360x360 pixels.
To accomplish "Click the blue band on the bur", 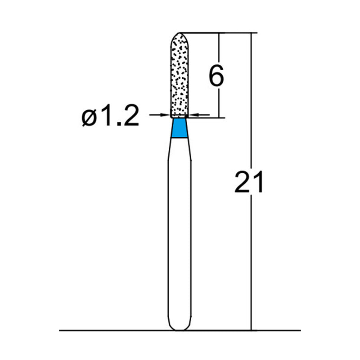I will click(180, 128).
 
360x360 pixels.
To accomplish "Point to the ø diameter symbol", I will click(88, 118).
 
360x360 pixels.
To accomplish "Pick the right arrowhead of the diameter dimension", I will click(194, 115).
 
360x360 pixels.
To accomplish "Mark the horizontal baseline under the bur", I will click(112, 331).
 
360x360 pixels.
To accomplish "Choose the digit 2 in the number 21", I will click(243, 181).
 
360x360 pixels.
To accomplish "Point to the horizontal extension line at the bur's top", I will click(216, 33).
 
